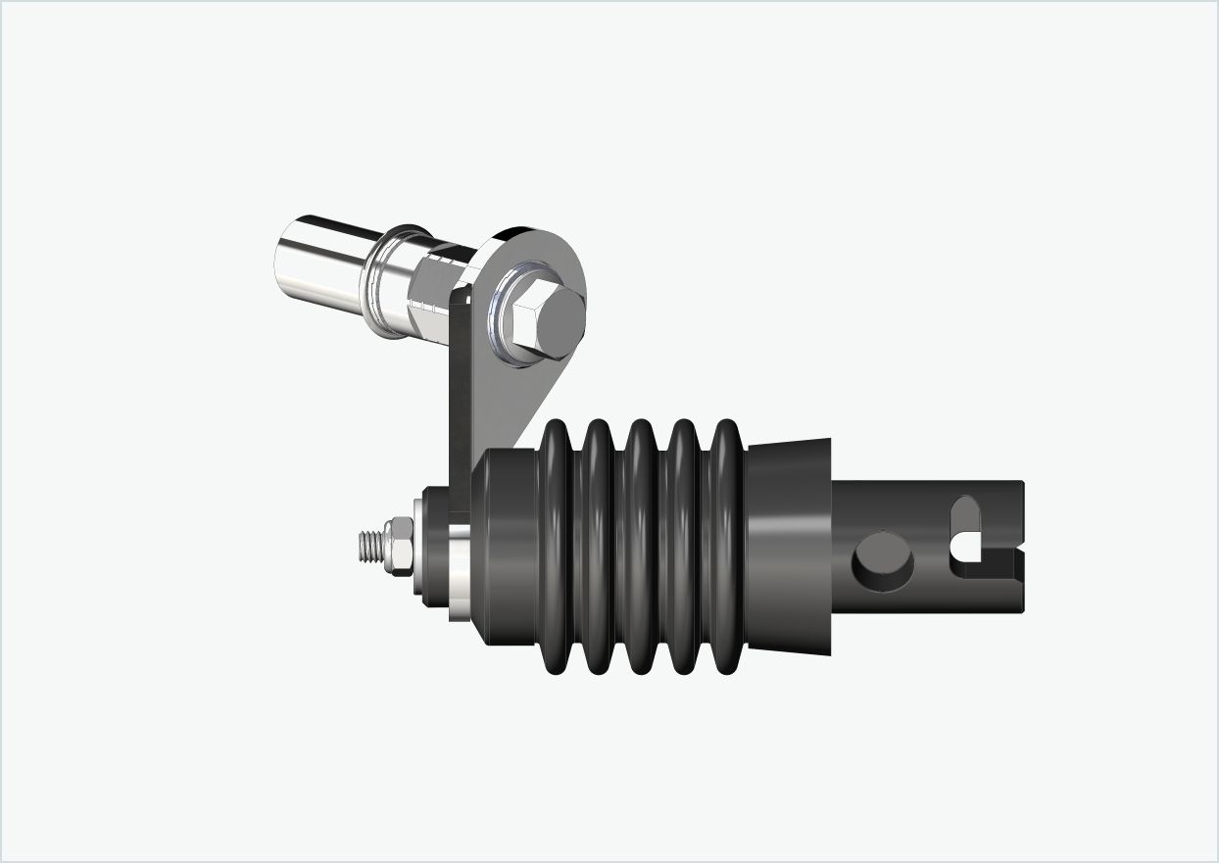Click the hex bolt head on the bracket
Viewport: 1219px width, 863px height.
coord(544,321)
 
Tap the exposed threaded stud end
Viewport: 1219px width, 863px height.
coord(371,546)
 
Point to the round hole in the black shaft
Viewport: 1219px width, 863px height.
coord(883,561)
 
